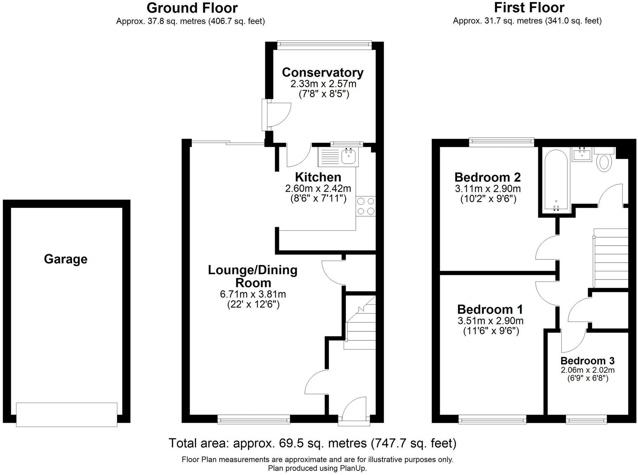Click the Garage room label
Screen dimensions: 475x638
[66, 259]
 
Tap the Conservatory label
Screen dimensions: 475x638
[323, 72]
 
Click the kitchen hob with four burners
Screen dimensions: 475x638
[366, 206]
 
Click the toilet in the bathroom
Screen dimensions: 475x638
[604, 162]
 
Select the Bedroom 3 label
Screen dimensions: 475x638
[587, 361]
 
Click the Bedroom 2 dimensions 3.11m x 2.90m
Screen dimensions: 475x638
[488, 189]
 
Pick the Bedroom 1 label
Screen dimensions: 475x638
[490, 309]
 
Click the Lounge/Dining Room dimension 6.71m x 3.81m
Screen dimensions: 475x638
[253, 294]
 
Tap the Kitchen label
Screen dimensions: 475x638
[318, 177]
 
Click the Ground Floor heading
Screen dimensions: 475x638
[192, 8]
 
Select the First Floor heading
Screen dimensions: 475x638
[529, 7]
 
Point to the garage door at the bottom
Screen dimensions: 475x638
[66, 415]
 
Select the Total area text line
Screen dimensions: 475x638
[312, 443]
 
